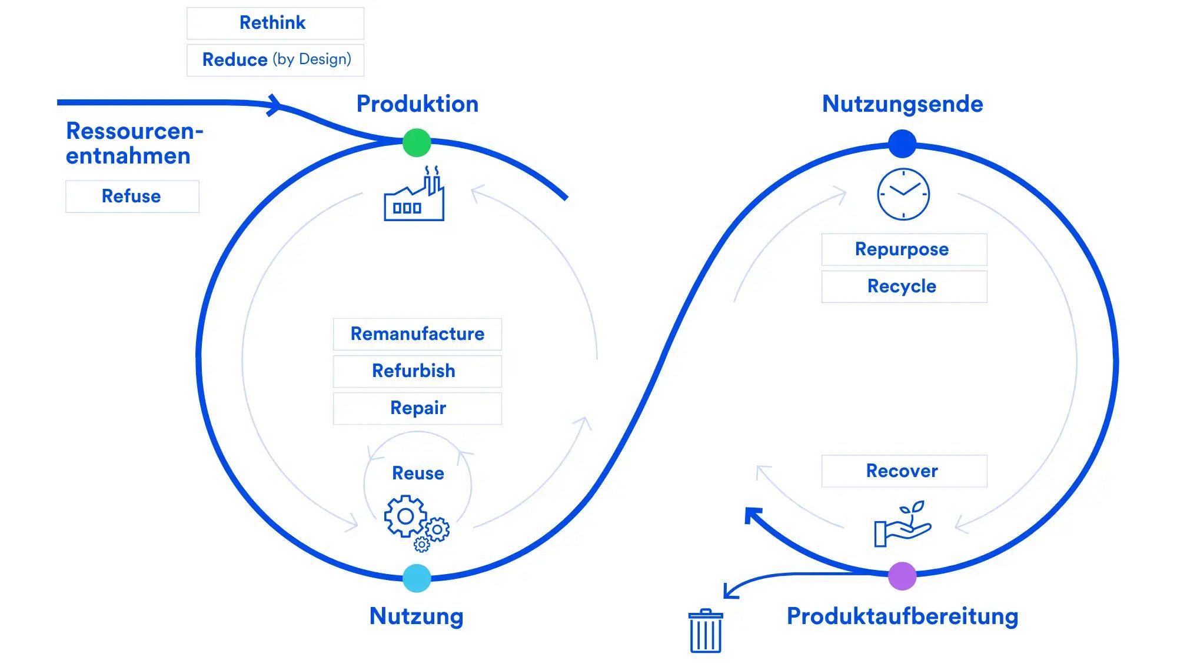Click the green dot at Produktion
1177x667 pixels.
(417, 143)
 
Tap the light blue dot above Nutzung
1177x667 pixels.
(417, 578)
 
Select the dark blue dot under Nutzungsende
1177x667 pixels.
(902, 144)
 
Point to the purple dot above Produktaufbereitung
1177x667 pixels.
(902, 576)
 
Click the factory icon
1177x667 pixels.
(414, 195)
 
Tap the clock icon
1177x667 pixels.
(903, 194)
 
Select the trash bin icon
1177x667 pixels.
(705, 631)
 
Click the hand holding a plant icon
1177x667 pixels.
(902, 525)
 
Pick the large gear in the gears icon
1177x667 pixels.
(405, 516)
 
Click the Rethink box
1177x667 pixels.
(275, 24)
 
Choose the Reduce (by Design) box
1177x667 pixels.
(275, 60)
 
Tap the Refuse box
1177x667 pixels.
(132, 196)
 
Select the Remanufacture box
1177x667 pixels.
(417, 334)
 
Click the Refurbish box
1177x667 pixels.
(417, 371)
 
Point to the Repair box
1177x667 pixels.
(417, 408)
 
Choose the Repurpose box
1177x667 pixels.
(904, 249)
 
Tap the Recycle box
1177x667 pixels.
(904, 286)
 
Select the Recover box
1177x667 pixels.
(904, 471)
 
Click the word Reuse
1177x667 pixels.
(418, 473)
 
